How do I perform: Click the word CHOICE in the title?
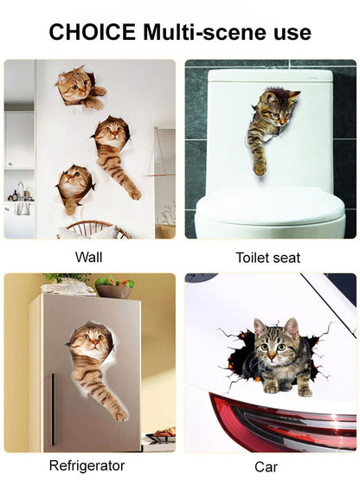click(93, 32)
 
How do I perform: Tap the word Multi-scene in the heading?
click(205, 32)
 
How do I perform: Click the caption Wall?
click(89, 257)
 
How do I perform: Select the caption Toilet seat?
click(267, 258)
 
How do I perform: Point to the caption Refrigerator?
click(87, 465)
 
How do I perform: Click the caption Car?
click(266, 467)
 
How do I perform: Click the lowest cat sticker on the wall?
click(74, 189)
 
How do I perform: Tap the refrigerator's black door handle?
click(53, 409)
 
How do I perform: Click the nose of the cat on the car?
click(271, 356)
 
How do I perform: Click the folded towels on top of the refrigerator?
click(68, 287)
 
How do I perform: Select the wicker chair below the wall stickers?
click(93, 229)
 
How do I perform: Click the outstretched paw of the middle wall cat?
click(134, 193)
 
